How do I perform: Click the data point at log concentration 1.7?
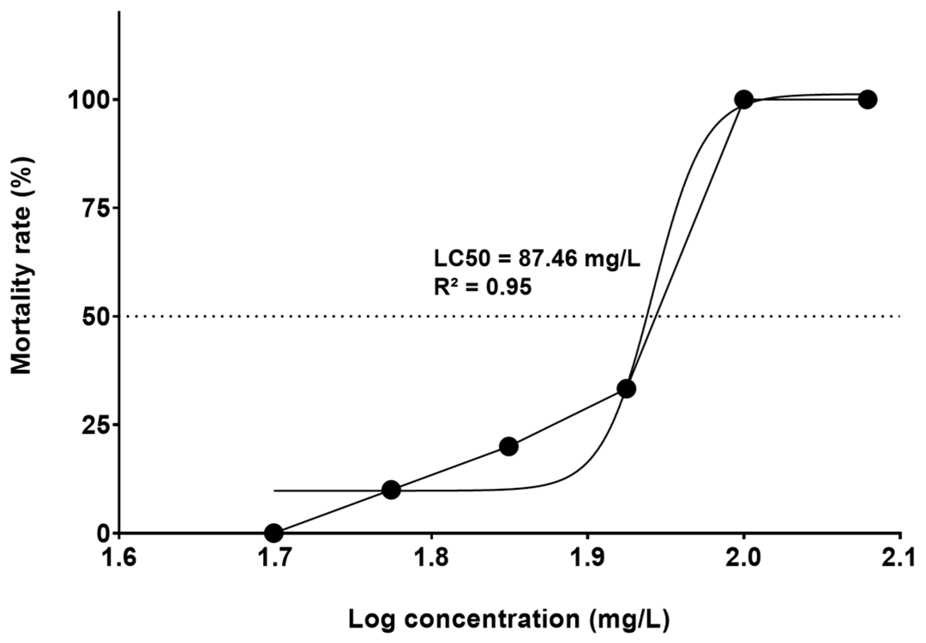click(274, 533)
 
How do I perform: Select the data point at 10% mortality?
click(391, 489)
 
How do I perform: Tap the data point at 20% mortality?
click(509, 446)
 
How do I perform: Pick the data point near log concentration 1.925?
click(626, 389)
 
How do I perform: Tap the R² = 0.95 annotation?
click(482, 287)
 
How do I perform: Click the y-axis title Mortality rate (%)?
click(21, 266)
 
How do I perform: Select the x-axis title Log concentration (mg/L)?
click(509, 620)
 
